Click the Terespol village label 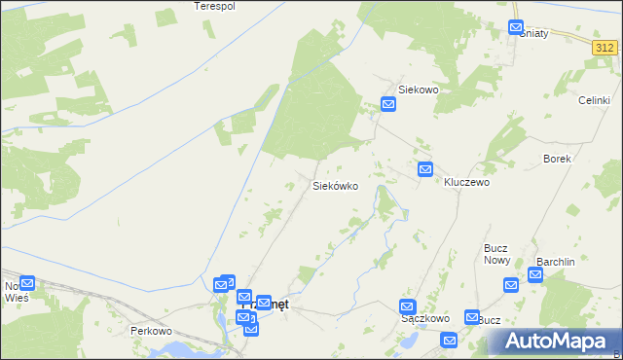(x=215, y=6)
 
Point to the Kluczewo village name (x=466, y=182)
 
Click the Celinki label (x=594, y=101)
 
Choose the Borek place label (x=557, y=159)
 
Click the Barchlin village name (x=557, y=262)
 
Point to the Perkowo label (x=151, y=331)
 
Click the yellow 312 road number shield (x=605, y=47)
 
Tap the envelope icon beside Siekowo (x=388, y=104)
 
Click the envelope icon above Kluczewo (x=425, y=169)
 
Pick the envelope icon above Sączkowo (x=408, y=306)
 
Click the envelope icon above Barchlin (x=535, y=275)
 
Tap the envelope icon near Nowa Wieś (x=27, y=284)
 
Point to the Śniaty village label (x=534, y=34)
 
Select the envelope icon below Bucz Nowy (x=511, y=285)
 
